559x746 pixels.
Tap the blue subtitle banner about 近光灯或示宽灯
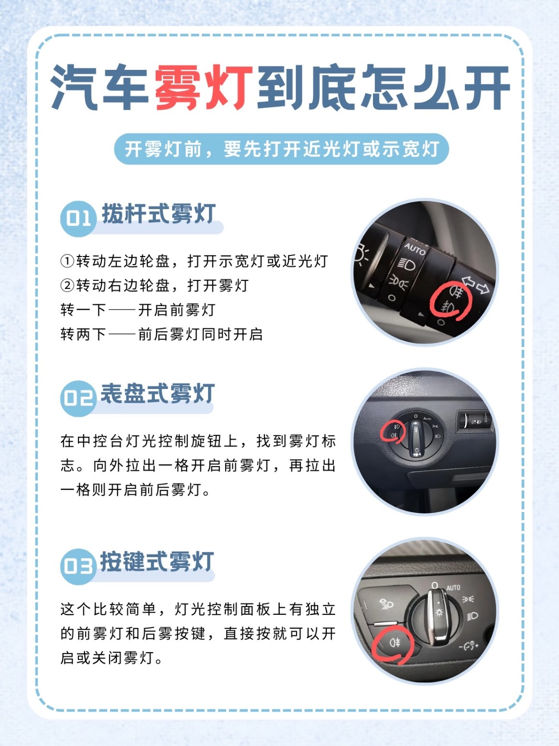pos(281,149)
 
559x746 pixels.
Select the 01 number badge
pos(77,218)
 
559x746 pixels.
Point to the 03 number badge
pos(77,566)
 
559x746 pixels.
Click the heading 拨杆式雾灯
pos(159,213)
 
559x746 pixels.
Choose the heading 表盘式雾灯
pos(158,393)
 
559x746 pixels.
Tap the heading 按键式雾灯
pos(157,562)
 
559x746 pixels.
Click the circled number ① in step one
pos(67,261)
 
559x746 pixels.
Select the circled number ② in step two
pos(67,286)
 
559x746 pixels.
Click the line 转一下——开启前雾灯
pos(138,310)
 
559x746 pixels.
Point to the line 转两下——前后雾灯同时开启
pos(162,334)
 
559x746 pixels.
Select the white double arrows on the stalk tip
pos(476,285)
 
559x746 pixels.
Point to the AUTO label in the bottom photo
pos(453,588)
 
